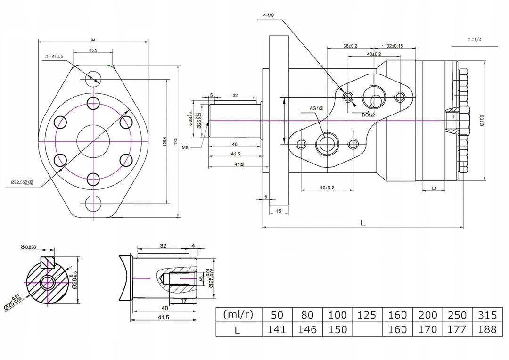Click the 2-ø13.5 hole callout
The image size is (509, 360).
[55, 57]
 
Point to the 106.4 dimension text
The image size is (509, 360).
[164, 141]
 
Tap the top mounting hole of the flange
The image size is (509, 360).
[93, 77]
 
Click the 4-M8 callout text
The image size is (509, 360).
[272, 15]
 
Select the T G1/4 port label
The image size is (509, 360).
[475, 40]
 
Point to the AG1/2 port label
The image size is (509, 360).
[316, 108]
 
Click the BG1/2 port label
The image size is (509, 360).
[369, 115]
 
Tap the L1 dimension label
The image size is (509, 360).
[435, 188]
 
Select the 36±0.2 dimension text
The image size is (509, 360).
[350, 46]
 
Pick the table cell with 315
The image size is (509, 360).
[487, 315]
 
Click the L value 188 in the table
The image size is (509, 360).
[487, 329]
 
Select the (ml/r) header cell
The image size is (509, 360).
[238, 314]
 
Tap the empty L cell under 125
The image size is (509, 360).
[367, 329]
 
